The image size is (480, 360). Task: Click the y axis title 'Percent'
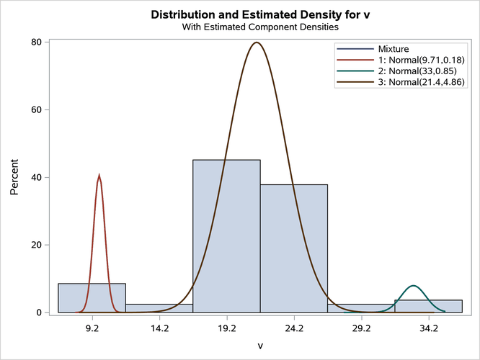(14, 178)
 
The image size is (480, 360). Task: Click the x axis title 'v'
(260, 346)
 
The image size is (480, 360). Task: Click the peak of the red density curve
(99, 176)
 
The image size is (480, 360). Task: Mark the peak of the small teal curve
(413, 286)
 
